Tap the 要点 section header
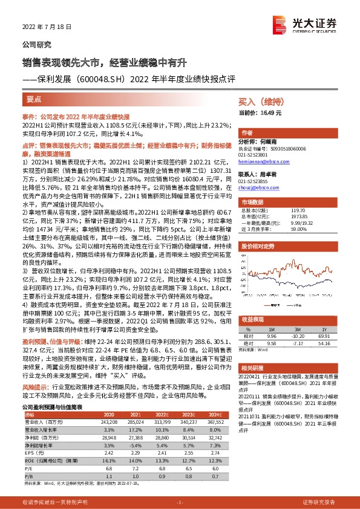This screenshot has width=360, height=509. click(34, 99)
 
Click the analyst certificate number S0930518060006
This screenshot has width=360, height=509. click(290, 149)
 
